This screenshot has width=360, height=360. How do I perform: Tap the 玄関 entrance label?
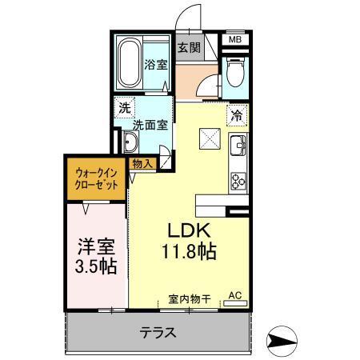(188, 46)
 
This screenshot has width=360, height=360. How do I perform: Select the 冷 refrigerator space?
(237, 114)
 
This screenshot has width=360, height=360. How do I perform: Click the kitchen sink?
(238, 146)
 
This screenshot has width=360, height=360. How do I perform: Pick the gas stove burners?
(238, 180)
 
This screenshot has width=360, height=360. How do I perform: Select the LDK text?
(190, 230)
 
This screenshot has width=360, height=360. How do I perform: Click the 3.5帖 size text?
(94, 267)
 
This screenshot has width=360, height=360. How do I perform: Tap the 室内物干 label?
(189, 298)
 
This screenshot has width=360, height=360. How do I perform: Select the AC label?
(234, 296)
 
